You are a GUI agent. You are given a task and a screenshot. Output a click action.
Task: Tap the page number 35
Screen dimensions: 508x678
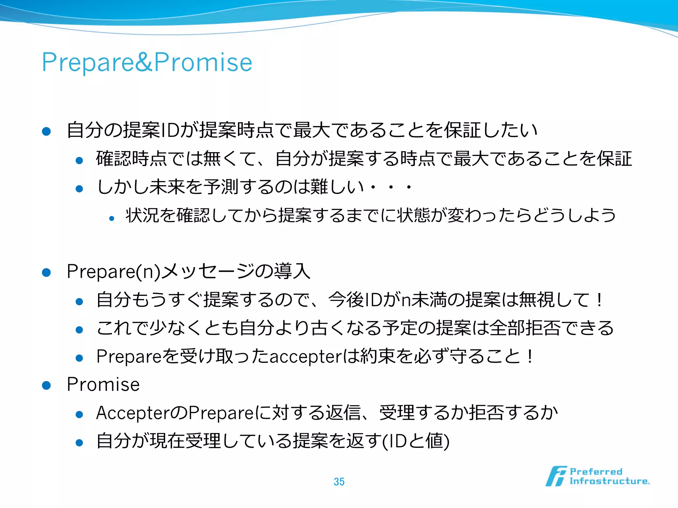pyautogui.click(x=339, y=482)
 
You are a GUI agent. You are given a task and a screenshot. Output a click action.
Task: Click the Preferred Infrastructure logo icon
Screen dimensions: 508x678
pyautogui.click(x=556, y=476)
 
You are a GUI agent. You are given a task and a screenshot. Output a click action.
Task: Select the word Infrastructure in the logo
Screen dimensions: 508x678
pyautogui.click(x=609, y=481)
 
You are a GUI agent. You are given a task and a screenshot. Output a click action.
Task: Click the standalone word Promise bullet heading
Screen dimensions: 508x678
pyautogui.click(x=103, y=384)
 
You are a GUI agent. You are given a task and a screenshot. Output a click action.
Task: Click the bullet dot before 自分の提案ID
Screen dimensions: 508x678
pyautogui.click(x=46, y=132)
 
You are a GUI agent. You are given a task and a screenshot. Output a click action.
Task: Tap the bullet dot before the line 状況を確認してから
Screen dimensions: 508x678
pyautogui.click(x=112, y=218)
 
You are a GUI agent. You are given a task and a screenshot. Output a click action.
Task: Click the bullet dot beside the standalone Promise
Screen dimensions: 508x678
pyautogui.click(x=46, y=386)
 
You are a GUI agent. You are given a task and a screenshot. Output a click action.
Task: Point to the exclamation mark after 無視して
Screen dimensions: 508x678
pyautogui.click(x=599, y=300)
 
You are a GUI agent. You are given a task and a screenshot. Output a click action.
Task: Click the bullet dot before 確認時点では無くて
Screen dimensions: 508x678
pyautogui.click(x=79, y=161)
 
